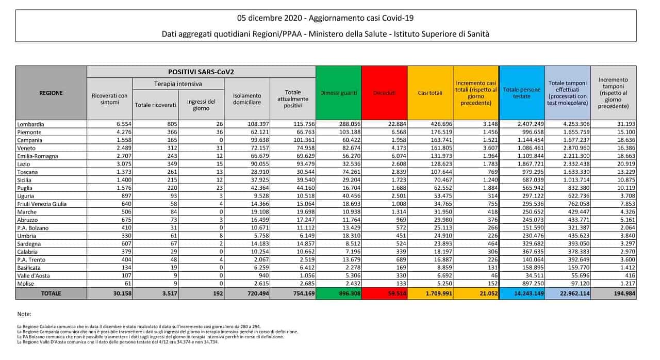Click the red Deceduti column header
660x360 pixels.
pyautogui.click(x=384, y=93)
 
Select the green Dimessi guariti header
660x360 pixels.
pyautogui.click(x=338, y=93)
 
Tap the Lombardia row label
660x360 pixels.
pyautogui.click(x=30, y=124)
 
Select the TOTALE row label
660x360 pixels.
pyautogui.click(x=51, y=293)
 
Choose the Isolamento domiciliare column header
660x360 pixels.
pyautogui.click(x=247, y=99)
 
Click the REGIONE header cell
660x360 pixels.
pyautogui.click(x=51, y=93)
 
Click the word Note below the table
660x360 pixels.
pyautogui.click(x=24, y=314)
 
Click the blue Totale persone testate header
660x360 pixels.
pyautogui.click(x=522, y=93)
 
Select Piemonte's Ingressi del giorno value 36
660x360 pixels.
pyautogui.click(x=218, y=132)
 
